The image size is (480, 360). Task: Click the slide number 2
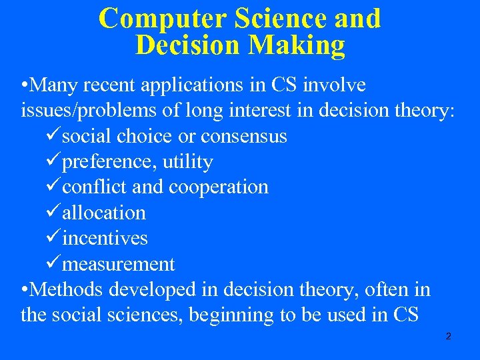tap(448, 337)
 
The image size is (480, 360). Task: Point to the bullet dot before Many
tap(25, 86)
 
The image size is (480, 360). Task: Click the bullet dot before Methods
tap(25, 290)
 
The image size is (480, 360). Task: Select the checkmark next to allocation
tap(54, 213)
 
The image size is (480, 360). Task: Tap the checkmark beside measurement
tap(54, 264)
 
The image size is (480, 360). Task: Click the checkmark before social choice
tap(54, 137)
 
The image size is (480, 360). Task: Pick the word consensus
tap(243, 137)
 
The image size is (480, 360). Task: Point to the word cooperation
tap(219, 187)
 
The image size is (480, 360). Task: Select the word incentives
tap(105, 239)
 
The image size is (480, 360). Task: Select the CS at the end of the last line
tap(404, 315)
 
